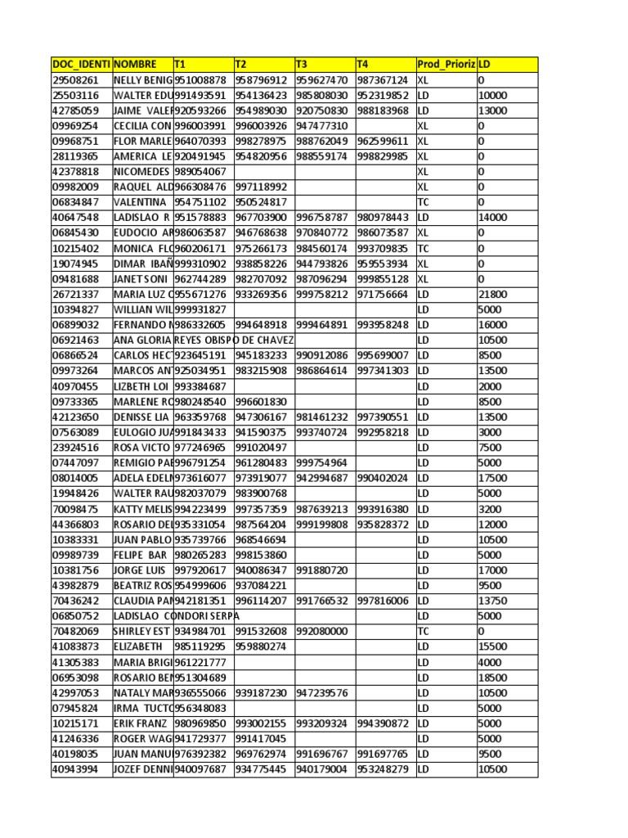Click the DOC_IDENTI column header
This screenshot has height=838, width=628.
point(81,64)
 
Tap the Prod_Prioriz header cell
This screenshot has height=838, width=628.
point(446,64)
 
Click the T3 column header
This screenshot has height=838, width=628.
point(325,64)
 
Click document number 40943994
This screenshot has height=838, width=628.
point(75,769)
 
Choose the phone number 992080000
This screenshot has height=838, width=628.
point(321,631)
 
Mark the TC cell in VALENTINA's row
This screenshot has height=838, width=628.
point(423,202)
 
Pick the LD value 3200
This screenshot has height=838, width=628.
point(491,509)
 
